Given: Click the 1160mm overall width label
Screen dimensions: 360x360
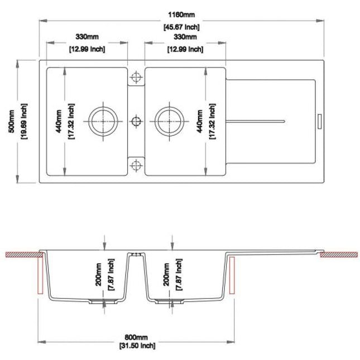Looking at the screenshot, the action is click(x=181, y=15).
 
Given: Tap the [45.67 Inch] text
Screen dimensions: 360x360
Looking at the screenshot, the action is click(x=181, y=27).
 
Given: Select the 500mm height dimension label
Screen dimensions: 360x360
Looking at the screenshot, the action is click(x=11, y=121).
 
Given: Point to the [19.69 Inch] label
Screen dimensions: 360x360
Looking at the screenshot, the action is click(x=24, y=121).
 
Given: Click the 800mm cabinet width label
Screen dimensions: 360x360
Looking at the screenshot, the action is click(x=136, y=337).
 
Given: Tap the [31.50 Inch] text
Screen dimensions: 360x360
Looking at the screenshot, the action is click(x=137, y=345).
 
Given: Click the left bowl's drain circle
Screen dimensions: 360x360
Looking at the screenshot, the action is click(x=103, y=121).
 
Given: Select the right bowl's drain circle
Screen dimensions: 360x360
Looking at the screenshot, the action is click(x=170, y=121).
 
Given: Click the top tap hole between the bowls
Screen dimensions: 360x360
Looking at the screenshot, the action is click(x=136, y=77).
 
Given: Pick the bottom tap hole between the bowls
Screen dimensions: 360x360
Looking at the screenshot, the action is click(x=136, y=165).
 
